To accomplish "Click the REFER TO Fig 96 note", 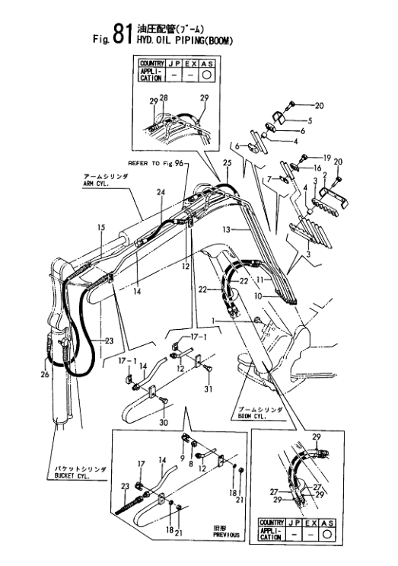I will (x=156, y=163).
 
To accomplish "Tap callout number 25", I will (x=226, y=164).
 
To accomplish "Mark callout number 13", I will (x=226, y=229).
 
